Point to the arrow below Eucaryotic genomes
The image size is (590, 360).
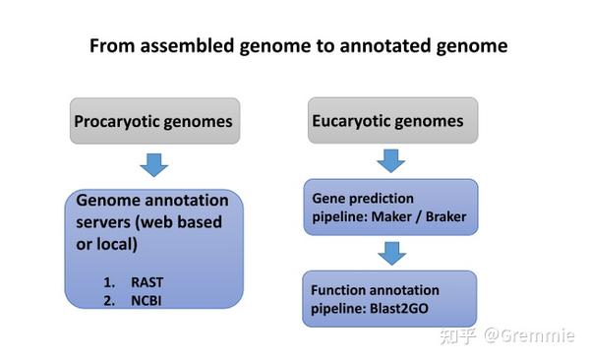[x=391, y=159]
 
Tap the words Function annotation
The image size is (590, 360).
[x=375, y=290]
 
